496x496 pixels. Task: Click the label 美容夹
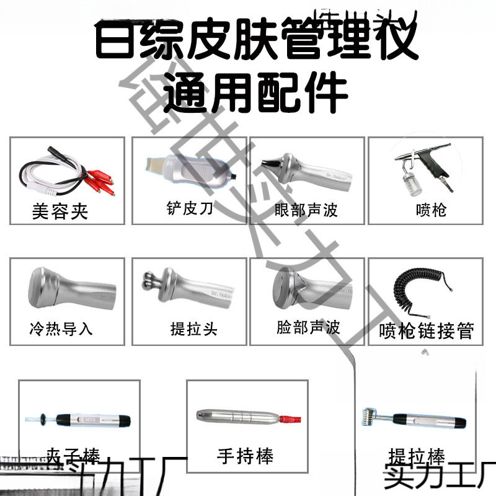click(60, 212)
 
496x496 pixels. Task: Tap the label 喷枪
click(431, 210)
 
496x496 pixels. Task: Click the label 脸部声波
click(308, 327)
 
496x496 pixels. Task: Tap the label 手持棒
click(245, 456)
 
